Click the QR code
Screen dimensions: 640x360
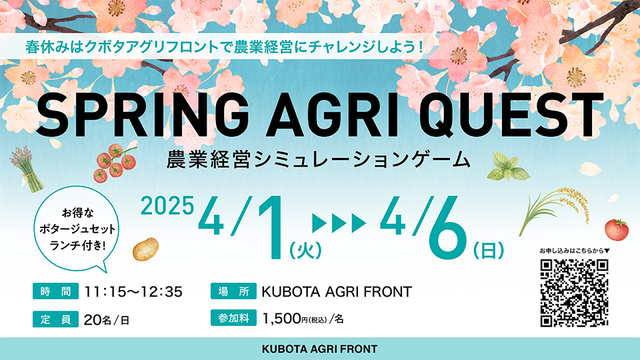tap(574, 293)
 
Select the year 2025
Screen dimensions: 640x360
tap(167, 205)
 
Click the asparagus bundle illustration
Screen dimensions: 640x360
tap(26, 169)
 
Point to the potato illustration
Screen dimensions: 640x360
tap(145, 249)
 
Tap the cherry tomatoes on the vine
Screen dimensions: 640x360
tap(114, 163)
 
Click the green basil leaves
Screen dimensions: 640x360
tap(507, 167)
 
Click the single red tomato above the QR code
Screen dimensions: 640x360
tap(616, 229)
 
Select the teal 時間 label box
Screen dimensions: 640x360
tap(55, 291)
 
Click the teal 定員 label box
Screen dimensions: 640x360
tap(55, 319)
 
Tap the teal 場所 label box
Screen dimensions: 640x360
tap(233, 291)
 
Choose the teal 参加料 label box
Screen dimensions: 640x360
tap(233, 318)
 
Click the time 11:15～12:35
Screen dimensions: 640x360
tap(133, 292)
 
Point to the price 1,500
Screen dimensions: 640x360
tap(281, 319)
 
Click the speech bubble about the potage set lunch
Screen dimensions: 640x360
tap(77, 229)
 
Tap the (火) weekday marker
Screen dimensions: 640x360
tap(305, 250)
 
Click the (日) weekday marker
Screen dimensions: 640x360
tap(488, 250)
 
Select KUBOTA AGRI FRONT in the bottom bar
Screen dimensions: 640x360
tap(319, 349)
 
